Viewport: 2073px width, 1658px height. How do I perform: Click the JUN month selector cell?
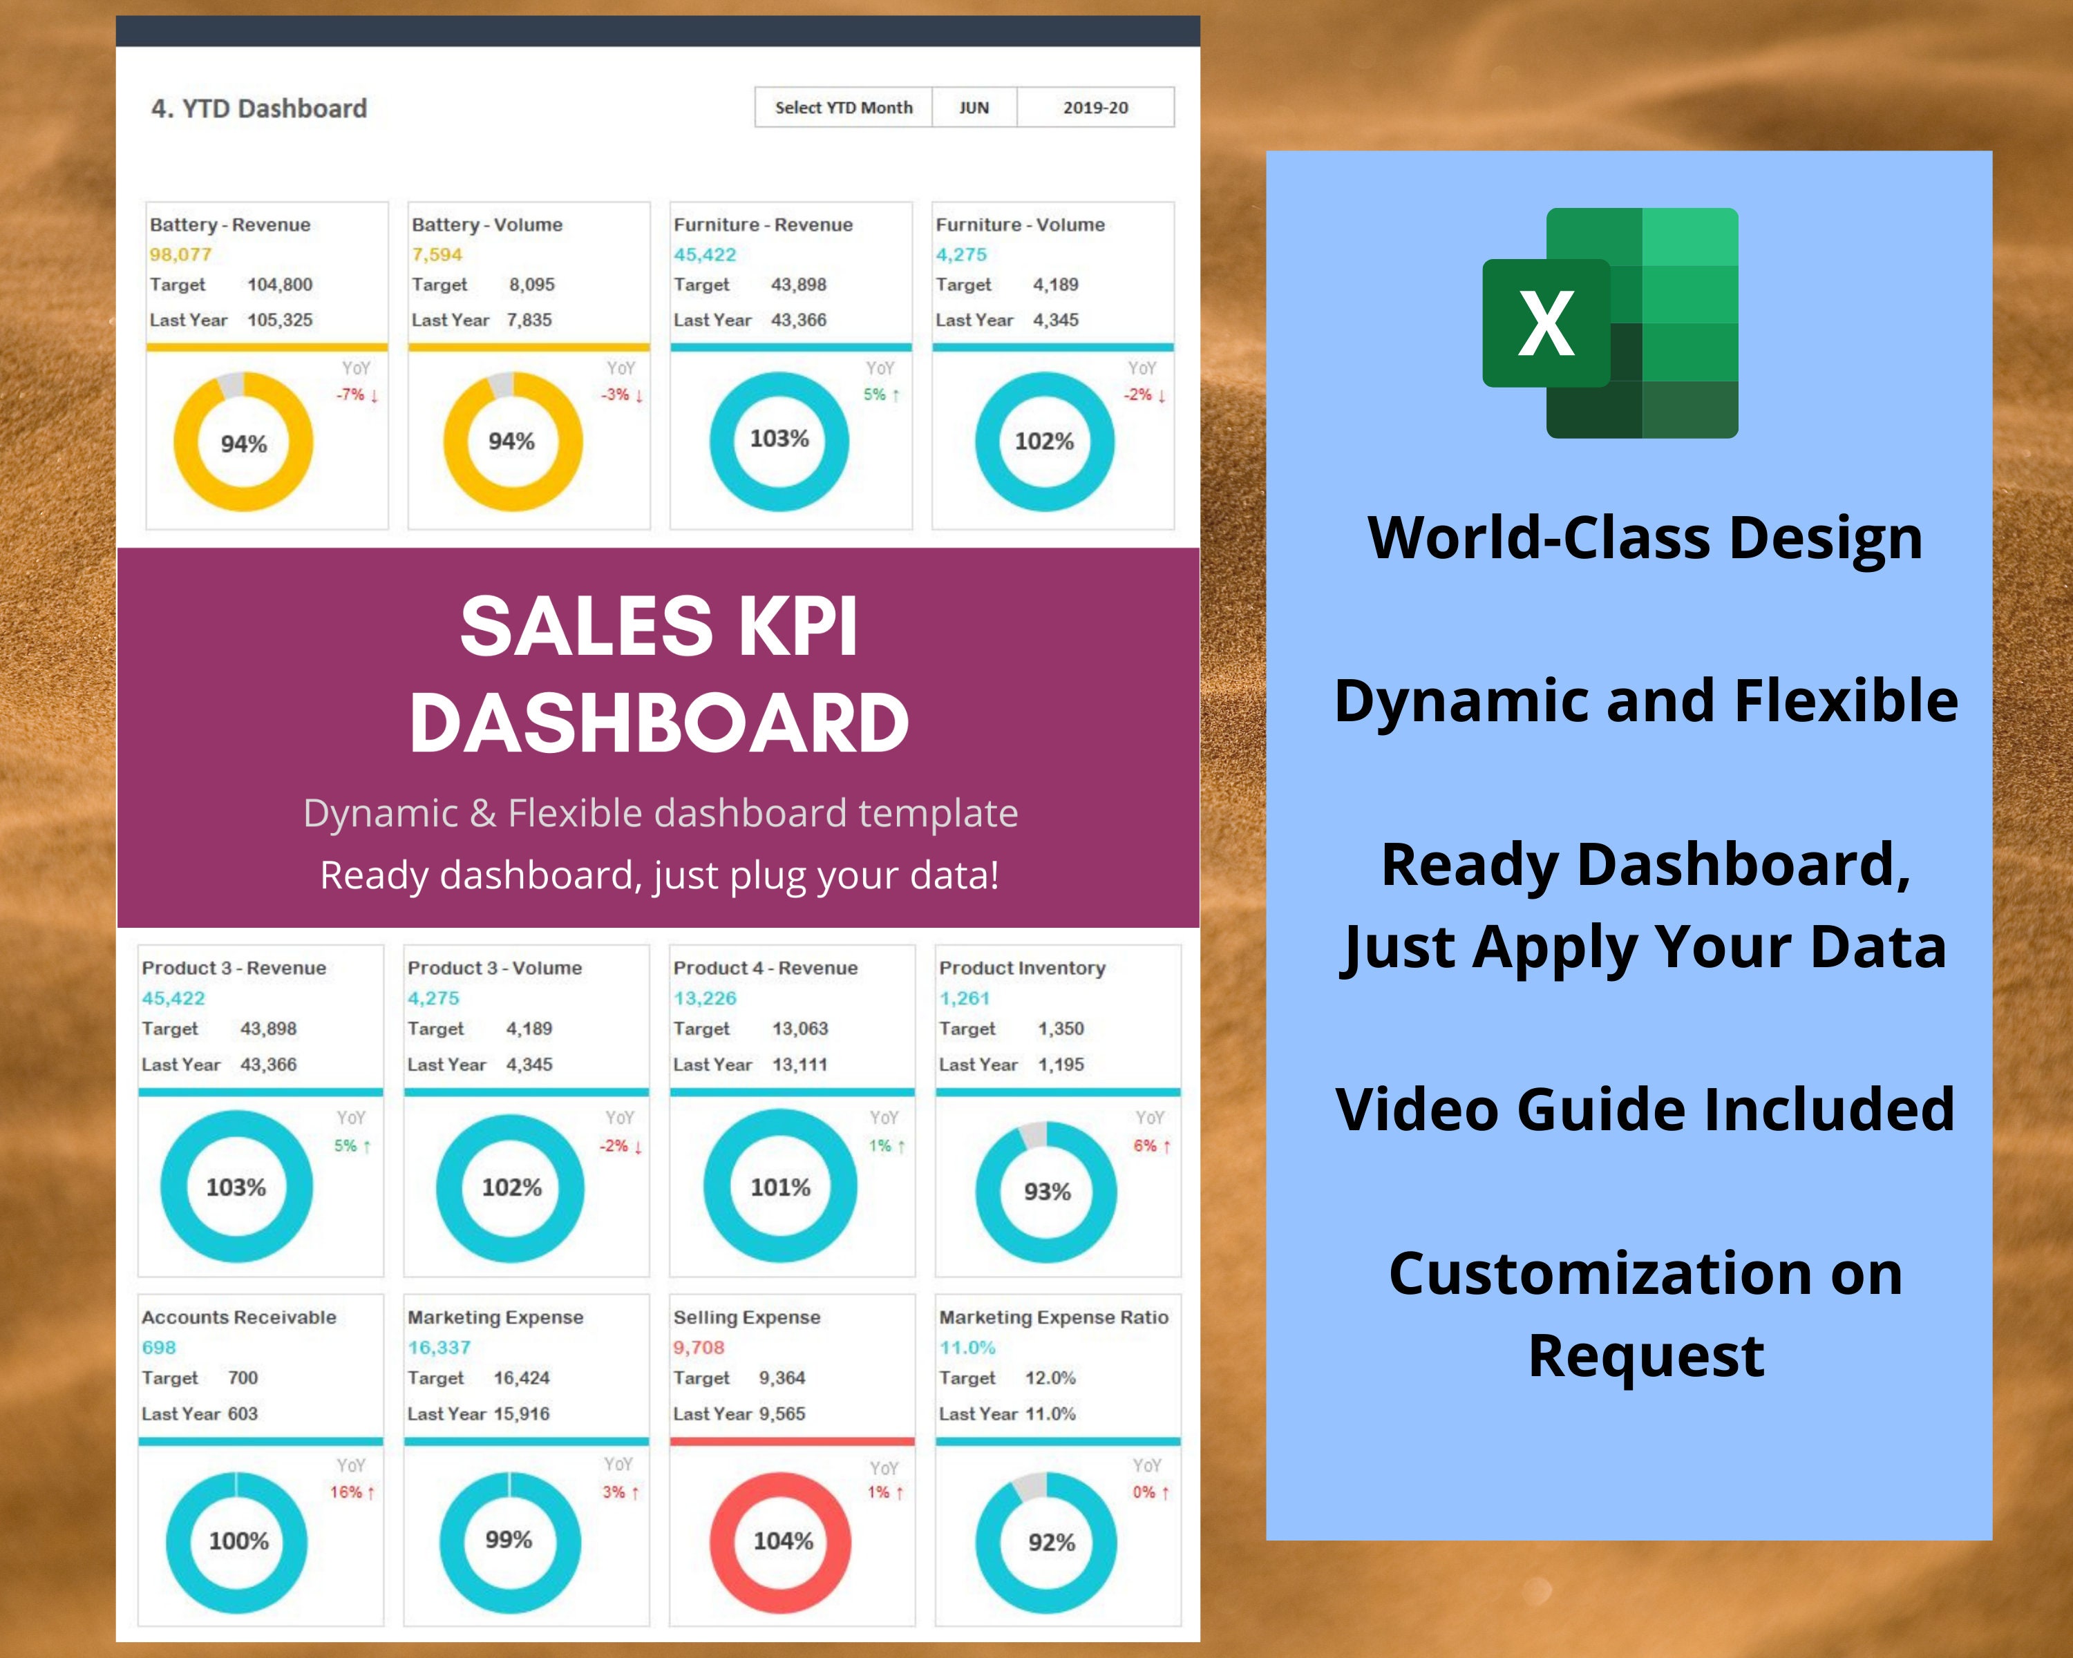pos(974,108)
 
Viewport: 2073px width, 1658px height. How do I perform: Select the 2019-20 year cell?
pos(1095,108)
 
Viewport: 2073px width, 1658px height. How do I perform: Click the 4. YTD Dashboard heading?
pos(258,108)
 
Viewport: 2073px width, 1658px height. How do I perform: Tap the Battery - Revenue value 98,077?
pos(180,255)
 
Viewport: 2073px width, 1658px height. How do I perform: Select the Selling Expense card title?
pos(746,1317)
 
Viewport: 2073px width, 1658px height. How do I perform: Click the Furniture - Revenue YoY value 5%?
pos(875,394)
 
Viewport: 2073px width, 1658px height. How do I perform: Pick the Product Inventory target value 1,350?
pos(1061,1029)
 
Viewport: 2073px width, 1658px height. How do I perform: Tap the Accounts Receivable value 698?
pos(159,1348)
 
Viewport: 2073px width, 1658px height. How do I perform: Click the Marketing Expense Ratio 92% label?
pos(1051,1543)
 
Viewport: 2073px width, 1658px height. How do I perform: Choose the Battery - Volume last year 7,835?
pos(529,320)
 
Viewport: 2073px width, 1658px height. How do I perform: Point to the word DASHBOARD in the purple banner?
pos(659,723)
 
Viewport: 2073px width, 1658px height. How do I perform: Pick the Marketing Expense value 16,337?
pos(439,1348)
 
